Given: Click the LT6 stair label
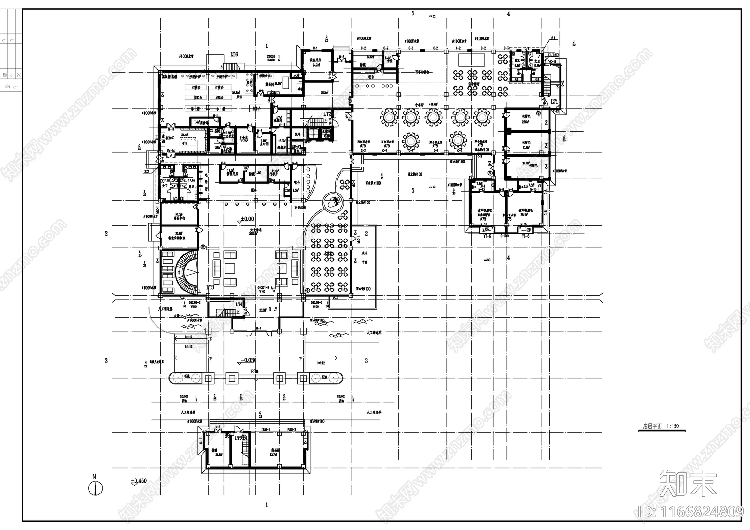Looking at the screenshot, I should coord(234,55).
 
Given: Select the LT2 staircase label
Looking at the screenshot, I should coord(328,114).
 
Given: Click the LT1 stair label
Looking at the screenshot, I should coord(555,102).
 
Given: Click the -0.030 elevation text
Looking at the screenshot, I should coord(248,360).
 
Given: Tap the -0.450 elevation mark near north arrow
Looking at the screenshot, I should coord(139,481).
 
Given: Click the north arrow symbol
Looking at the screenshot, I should coord(95,488).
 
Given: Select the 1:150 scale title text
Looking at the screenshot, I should coord(658,426).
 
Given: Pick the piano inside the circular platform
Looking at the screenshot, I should coord(334,202).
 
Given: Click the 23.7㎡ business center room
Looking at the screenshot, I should coord(179,216).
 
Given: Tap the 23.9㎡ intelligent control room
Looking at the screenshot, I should coord(179,236).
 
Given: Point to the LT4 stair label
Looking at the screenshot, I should coord(239,305).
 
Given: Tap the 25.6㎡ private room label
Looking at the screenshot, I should coord(525,119).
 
